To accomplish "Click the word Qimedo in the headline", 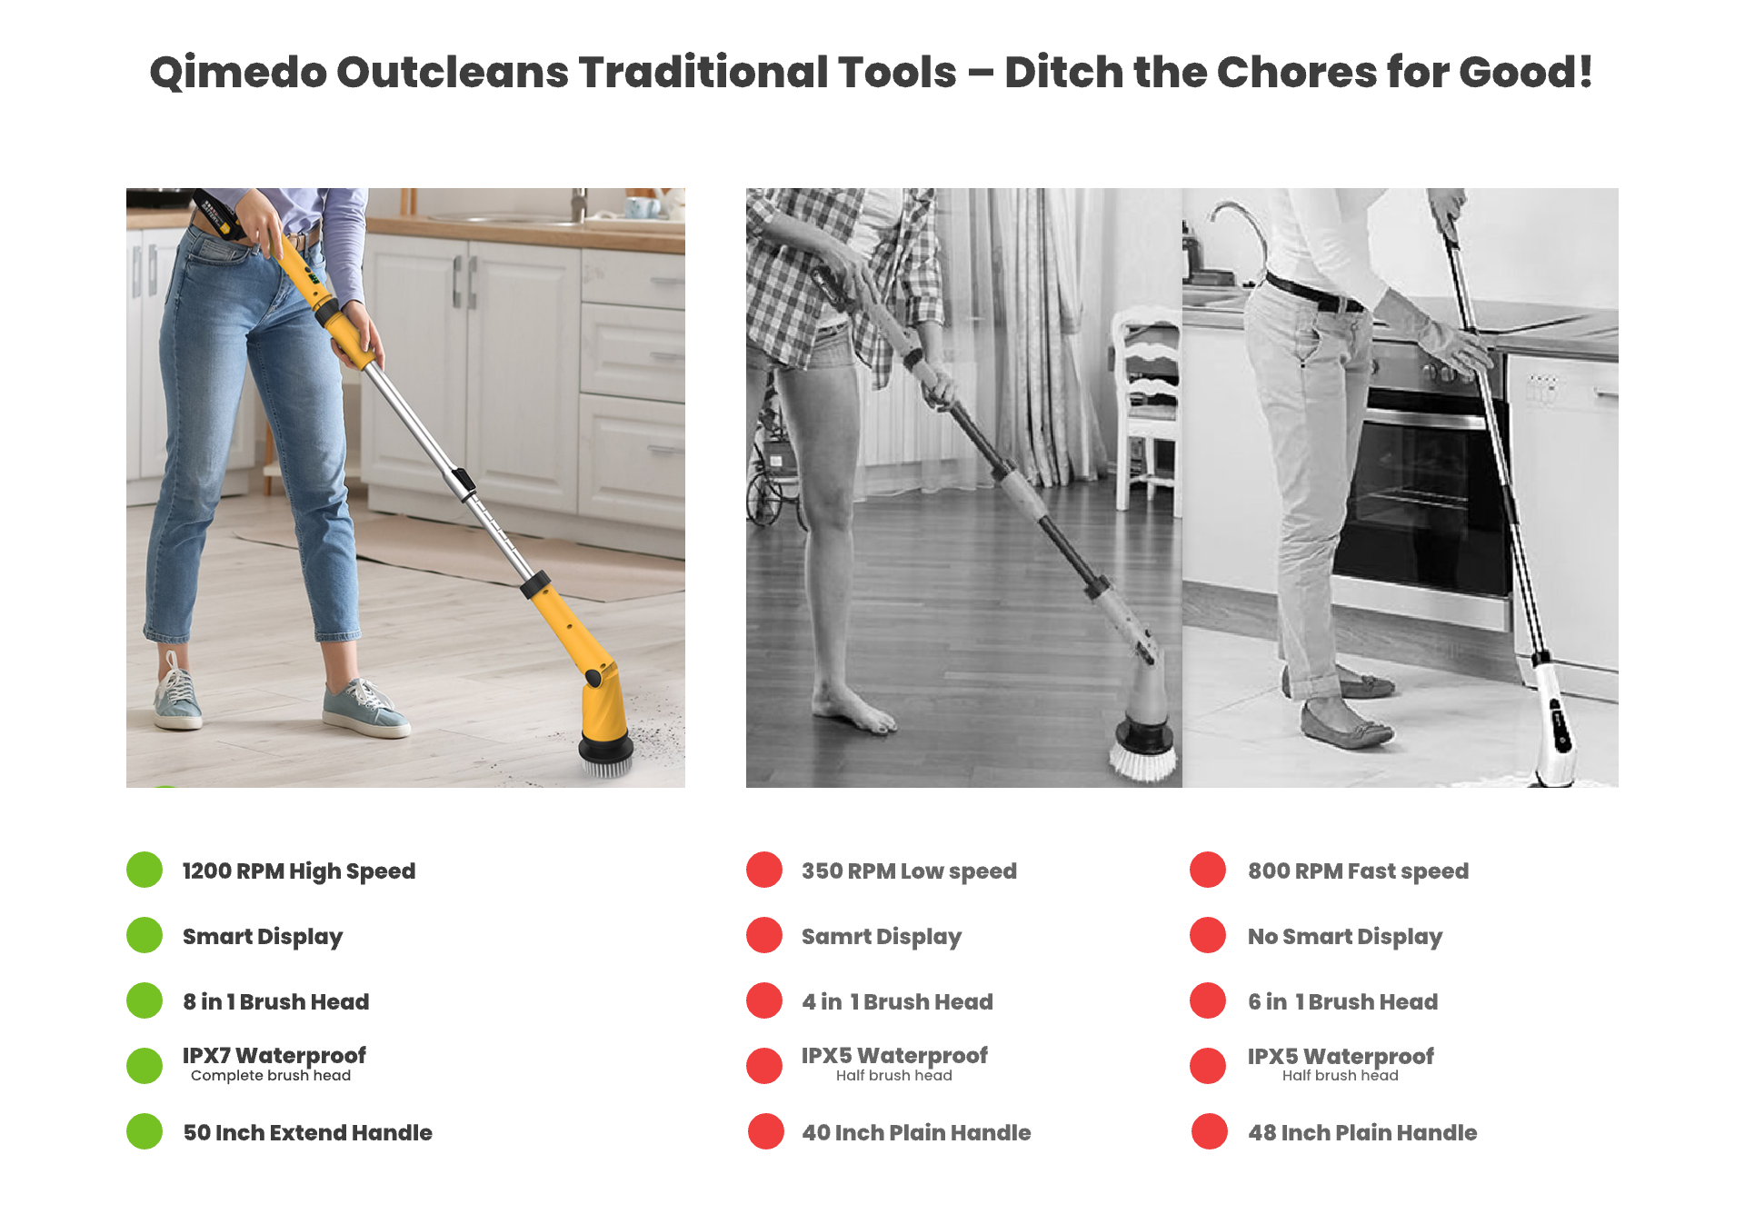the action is (x=238, y=73).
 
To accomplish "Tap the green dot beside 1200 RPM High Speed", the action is (x=145, y=870).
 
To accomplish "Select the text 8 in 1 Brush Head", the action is (x=276, y=1001).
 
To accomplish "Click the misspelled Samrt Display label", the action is (x=882, y=937).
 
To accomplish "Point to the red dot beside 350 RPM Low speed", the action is (x=764, y=870).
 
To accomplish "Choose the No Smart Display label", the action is (x=1345, y=937).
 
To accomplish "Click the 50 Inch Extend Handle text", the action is (x=308, y=1132).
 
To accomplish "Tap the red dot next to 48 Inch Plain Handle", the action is (x=1210, y=1131).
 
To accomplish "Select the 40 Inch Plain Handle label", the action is (x=916, y=1132).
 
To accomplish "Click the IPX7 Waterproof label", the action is (x=274, y=1056).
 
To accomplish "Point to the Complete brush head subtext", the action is (x=271, y=1076).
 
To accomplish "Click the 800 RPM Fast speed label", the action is (x=1358, y=871).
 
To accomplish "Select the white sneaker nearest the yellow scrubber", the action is (x=365, y=709).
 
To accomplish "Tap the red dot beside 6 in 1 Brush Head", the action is (x=1208, y=1000).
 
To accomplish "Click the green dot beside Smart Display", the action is (x=145, y=935).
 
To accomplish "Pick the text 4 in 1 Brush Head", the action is (x=897, y=1001).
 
